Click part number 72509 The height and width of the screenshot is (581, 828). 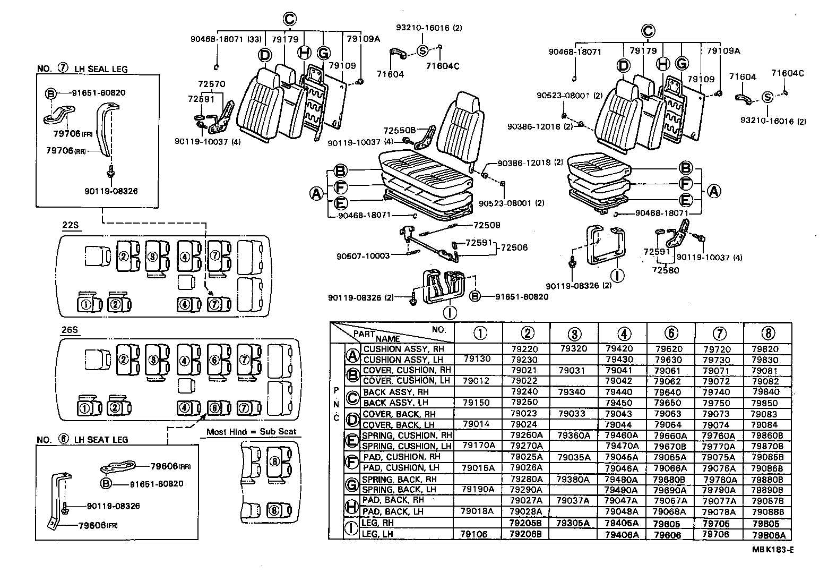click(487, 225)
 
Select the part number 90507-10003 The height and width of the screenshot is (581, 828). click(363, 256)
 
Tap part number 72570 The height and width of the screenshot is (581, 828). click(211, 84)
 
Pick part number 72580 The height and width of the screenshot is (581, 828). click(666, 270)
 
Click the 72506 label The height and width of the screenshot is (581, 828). click(514, 247)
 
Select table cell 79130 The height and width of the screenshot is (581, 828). click(477, 360)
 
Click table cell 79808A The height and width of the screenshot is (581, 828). click(767, 535)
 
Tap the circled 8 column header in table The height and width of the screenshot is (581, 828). click(767, 333)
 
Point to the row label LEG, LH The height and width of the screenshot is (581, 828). click(377, 534)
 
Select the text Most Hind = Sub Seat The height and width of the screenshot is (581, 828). click(251, 432)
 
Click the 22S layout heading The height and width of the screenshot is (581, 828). click(70, 225)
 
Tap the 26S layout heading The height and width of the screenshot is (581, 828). click(70, 330)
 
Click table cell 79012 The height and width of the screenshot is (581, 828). click(477, 381)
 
